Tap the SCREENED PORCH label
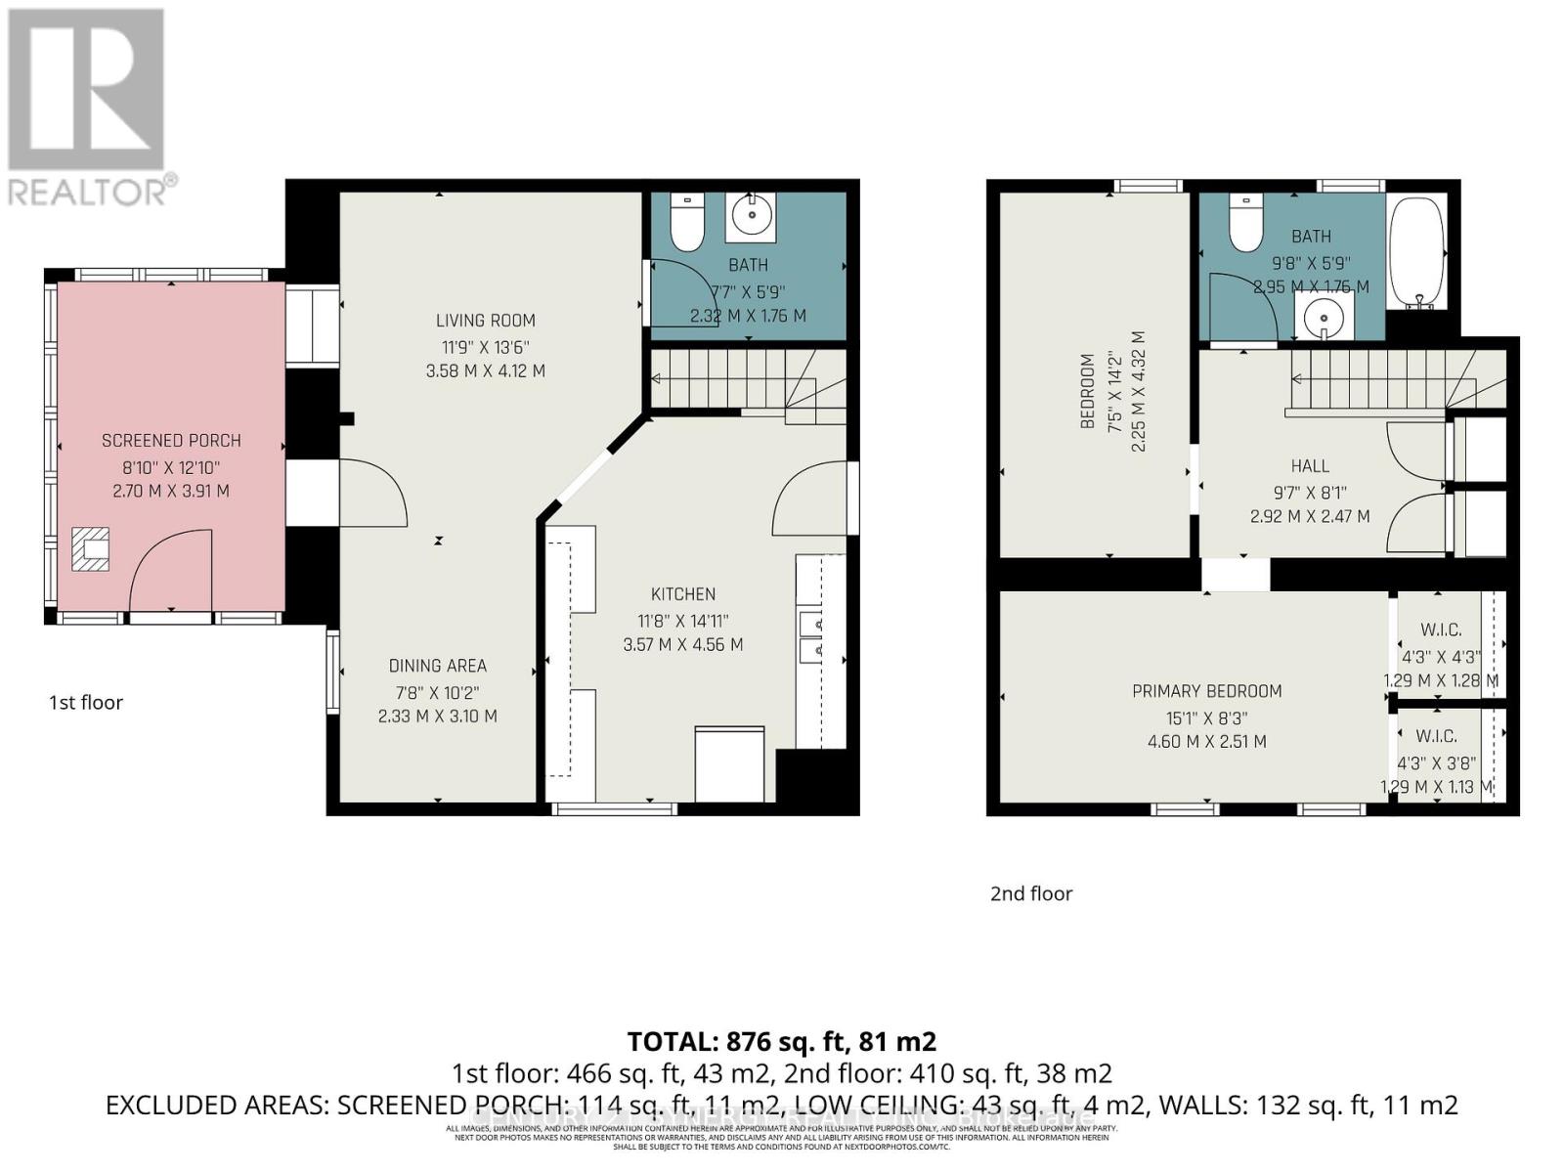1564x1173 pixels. pyautogui.click(x=171, y=441)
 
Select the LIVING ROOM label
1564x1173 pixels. pyautogui.click(x=485, y=320)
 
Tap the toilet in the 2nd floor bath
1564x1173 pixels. pyautogui.click(x=1245, y=224)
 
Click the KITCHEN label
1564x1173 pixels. pyautogui.click(x=683, y=594)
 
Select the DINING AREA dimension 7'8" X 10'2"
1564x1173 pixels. pyautogui.click(x=437, y=692)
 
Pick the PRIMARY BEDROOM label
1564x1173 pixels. pyautogui.click(x=1206, y=691)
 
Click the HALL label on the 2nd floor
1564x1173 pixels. pyautogui.click(x=1310, y=466)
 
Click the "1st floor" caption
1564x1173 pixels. pyautogui.click(x=86, y=702)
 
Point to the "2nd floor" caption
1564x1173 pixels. pyautogui.click(x=1031, y=893)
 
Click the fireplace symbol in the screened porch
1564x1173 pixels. pyautogui.click(x=91, y=548)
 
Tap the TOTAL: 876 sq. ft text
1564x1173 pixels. pyautogui.click(x=781, y=1040)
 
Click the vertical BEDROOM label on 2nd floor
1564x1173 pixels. pyautogui.click(x=1087, y=391)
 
